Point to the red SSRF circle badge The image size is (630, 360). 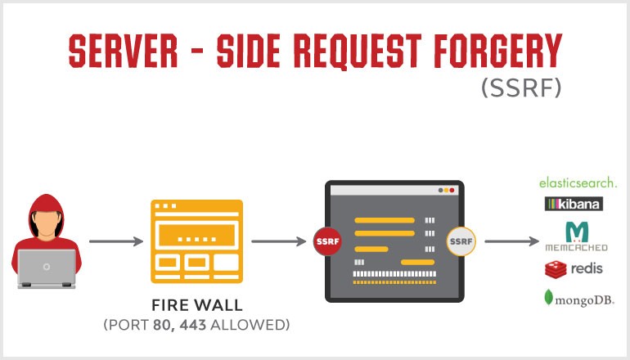pyautogui.click(x=327, y=241)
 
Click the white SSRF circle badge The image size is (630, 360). pyautogui.click(x=461, y=241)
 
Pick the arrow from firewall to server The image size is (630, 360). pyautogui.click(x=279, y=241)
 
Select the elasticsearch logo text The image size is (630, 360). pyautogui.click(x=578, y=182)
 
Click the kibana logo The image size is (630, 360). pyautogui.click(x=573, y=204)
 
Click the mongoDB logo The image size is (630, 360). pyautogui.click(x=577, y=299)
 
